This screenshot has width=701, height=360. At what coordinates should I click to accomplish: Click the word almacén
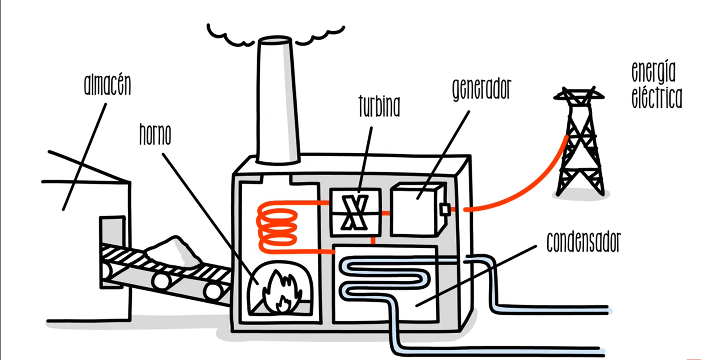point(107,85)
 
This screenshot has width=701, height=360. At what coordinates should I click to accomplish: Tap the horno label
point(155,135)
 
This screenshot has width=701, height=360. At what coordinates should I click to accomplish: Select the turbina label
point(379,107)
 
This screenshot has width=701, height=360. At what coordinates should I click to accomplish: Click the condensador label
point(583,242)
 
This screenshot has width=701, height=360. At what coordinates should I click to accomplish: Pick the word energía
point(653,71)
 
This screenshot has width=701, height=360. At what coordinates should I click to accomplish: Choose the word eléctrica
point(657,98)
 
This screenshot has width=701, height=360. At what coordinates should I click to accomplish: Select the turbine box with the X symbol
point(355,211)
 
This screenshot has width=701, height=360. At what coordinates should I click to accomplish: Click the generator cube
point(416,209)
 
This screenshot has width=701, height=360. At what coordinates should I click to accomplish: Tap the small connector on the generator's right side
point(445,209)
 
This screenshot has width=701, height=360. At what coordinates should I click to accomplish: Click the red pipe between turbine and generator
point(386,213)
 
